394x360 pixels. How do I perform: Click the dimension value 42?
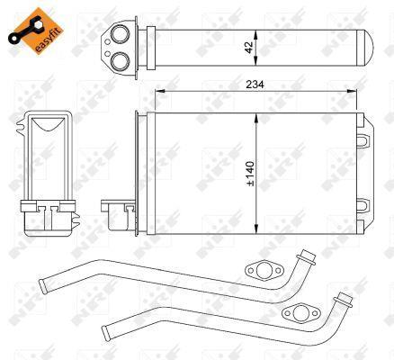tap(249, 48)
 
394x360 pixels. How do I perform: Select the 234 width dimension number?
tap(255, 85)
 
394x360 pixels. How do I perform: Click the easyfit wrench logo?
tap(36, 31)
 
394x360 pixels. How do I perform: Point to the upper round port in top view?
tap(120, 33)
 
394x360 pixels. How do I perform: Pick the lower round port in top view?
tap(120, 61)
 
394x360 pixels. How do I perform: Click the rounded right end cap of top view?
tap(369, 48)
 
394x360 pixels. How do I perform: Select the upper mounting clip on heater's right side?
tap(362, 140)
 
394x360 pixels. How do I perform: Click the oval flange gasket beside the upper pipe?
tap(264, 271)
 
